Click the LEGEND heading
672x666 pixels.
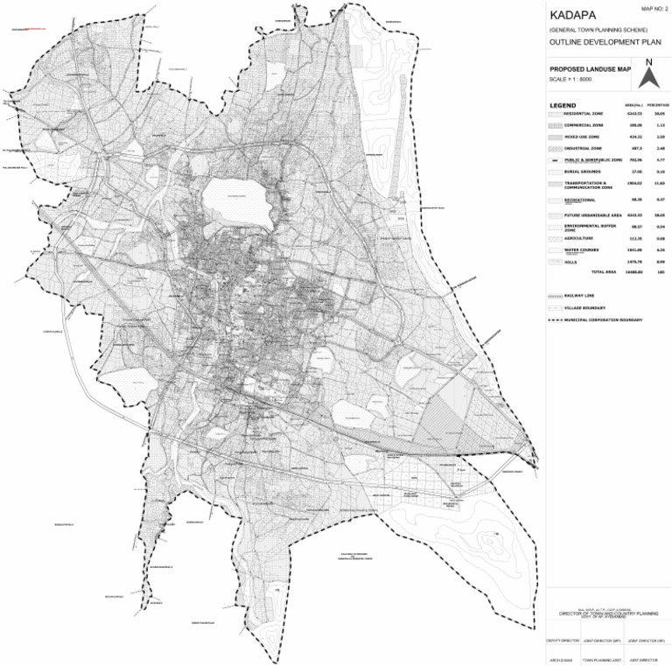(563, 105)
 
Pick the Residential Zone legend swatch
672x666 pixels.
(553, 115)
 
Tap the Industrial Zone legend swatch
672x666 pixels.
(553, 149)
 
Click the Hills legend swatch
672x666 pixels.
(553, 261)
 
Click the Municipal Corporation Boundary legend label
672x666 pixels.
(603, 319)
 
